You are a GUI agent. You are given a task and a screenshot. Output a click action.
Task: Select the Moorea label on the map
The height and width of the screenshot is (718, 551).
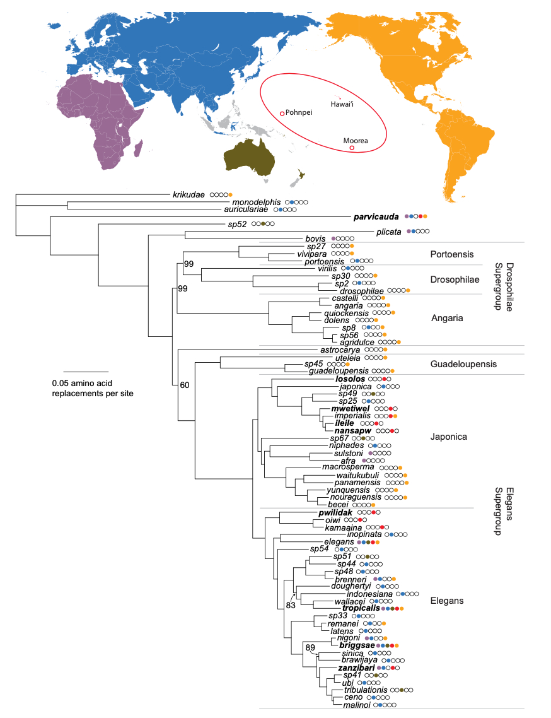(x=355, y=141)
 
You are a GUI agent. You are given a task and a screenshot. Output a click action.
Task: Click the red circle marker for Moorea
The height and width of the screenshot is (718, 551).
(x=352, y=148)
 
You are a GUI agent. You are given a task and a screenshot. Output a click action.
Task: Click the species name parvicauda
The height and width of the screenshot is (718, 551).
(x=376, y=216)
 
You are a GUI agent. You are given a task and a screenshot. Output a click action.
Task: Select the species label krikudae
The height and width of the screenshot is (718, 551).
(x=189, y=194)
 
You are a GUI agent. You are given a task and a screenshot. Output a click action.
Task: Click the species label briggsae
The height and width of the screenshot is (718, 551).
(x=357, y=645)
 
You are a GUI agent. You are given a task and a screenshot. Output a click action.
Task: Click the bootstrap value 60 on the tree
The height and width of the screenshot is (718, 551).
(x=184, y=384)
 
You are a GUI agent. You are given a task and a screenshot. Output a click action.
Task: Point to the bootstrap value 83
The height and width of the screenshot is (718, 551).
(x=291, y=605)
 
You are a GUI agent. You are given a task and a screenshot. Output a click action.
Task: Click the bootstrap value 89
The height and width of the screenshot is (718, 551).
(x=310, y=647)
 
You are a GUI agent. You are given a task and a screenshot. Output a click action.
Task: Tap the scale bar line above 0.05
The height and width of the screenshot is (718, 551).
(x=86, y=372)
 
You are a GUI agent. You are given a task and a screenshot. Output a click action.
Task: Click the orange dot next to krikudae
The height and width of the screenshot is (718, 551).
(x=231, y=194)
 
